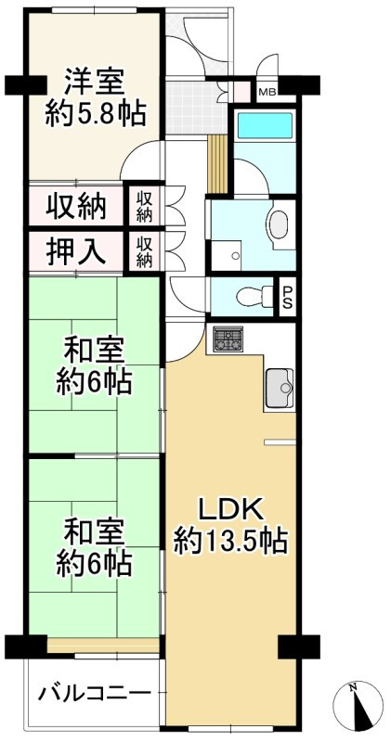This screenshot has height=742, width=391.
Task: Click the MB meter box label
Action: coord(267,92)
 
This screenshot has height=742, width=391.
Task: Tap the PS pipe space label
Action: coord(288,296)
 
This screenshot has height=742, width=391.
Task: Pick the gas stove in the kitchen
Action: coord(228,339)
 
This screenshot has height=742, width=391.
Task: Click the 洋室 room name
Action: coord(94,82)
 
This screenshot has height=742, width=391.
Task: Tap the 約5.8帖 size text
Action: coord(94,114)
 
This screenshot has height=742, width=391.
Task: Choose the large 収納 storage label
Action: coord(76,207)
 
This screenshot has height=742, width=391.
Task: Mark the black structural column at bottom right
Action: coord(296,646)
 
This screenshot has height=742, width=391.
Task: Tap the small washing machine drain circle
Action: coord(236,255)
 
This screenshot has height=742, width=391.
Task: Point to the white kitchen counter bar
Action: coord(278,442)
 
